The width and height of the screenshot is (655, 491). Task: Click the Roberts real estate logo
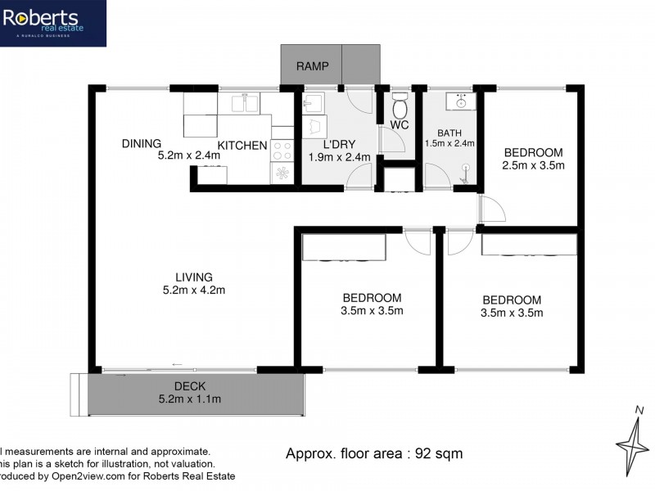(52, 22)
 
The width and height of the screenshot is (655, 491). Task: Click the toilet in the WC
(400, 106)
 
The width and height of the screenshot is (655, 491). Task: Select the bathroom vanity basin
(461, 102)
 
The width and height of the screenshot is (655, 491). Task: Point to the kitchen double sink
(246, 103)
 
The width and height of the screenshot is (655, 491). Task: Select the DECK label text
(189, 387)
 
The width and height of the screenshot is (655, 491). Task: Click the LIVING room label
(193, 277)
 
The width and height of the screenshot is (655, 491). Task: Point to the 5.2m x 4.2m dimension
(193, 290)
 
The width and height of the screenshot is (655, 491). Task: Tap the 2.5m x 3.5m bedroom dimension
(533, 165)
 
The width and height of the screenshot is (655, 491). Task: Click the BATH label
(450, 133)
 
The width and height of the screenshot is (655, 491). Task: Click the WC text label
(399, 125)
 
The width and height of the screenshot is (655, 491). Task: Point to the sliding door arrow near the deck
(177, 364)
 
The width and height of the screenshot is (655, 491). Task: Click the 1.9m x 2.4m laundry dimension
(339, 157)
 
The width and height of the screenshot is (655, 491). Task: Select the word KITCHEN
(242, 146)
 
